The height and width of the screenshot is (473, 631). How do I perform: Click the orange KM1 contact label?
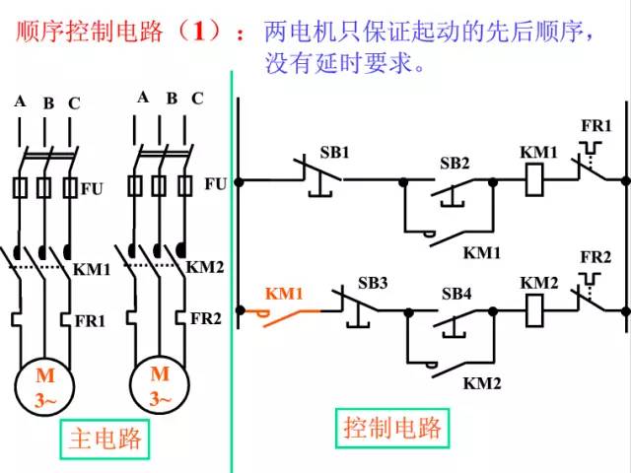click(x=283, y=294)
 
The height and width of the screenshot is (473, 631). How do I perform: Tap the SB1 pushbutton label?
click(x=334, y=153)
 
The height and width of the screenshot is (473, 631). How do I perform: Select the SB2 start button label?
click(x=455, y=163)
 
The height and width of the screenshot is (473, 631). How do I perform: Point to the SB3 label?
click(x=373, y=284)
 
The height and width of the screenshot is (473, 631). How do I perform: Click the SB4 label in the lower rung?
click(x=456, y=294)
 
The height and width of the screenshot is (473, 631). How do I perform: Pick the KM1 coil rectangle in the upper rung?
click(x=538, y=180)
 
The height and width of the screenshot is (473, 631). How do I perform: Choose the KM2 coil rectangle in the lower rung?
click(x=538, y=309)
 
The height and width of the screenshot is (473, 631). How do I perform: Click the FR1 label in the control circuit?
click(x=596, y=127)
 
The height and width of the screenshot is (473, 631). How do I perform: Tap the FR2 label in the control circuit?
click(x=596, y=257)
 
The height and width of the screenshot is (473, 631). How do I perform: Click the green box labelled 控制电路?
click(x=392, y=428)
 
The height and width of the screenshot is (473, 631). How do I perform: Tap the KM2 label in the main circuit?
click(x=206, y=267)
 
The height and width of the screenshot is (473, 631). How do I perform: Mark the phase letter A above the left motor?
click(x=20, y=101)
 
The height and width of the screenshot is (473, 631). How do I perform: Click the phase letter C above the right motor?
click(x=197, y=98)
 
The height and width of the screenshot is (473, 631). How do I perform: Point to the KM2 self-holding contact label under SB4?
click(x=483, y=382)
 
